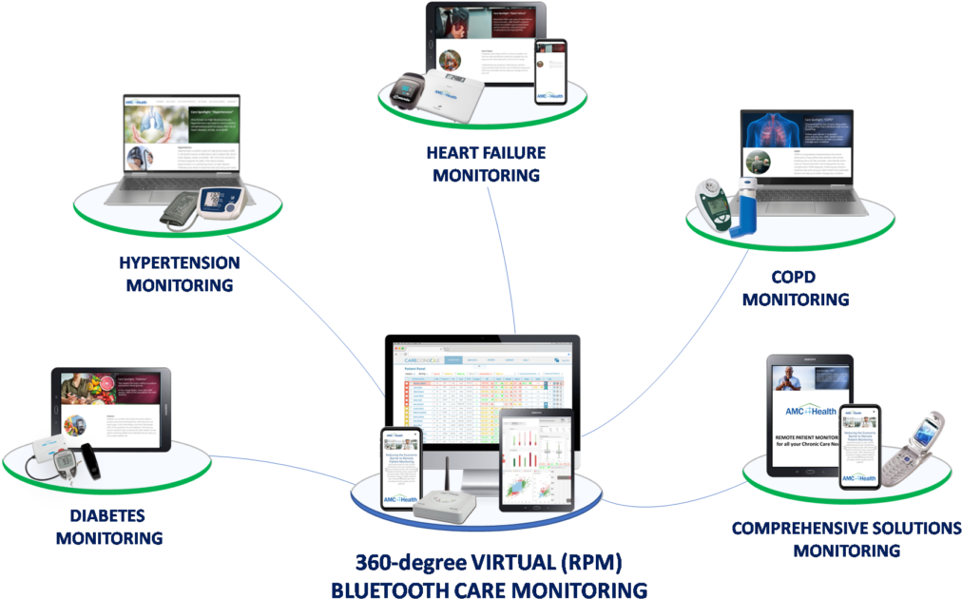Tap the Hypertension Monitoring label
(x=179, y=273)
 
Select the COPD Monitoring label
(x=795, y=288)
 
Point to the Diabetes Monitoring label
(x=107, y=527)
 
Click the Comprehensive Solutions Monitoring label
(x=845, y=538)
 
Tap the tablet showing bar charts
(x=536, y=460)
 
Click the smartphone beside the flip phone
(x=859, y=447)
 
